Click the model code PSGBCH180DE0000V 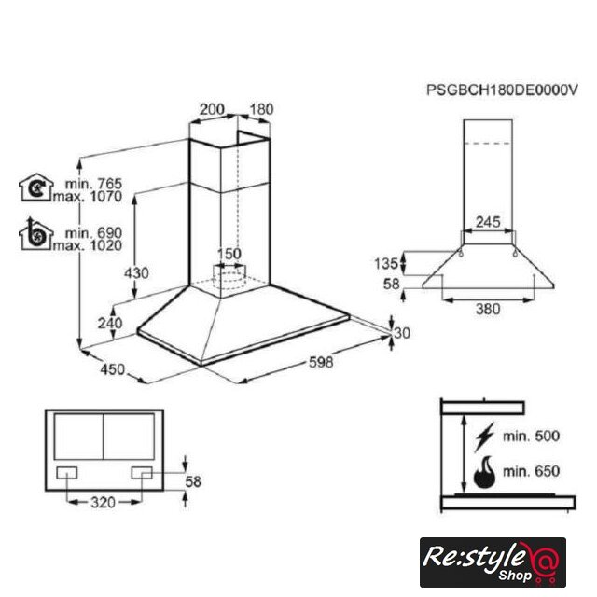pyautogui.click(x=502, y=90)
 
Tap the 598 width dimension pyautogui.click(x=321, y=362)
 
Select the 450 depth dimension pyautogui.click(x=113, y=369)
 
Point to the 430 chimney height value pyautogui.click(x=136, y=273)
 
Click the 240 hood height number pyautogui.click(x=110, y=324)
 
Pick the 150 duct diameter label pyautogui.click(x=229, y=254)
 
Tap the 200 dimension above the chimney pyautogui.click(x=212, y=109)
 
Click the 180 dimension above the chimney pyautogui.click(x=261, y=109)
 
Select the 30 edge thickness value pyautogui.click(x=402, y=333)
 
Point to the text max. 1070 pyautogui.click(x=88, y=197)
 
